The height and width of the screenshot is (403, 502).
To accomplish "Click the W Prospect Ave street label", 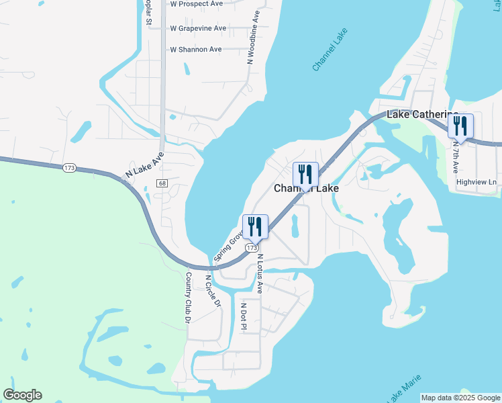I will click(x=196, y=4).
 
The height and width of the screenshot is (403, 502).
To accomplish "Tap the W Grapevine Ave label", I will click(x=198, y=28).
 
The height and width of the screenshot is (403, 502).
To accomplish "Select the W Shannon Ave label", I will click(x=195, y=50).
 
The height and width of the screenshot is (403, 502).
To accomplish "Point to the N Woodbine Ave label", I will click(x=252, y=37).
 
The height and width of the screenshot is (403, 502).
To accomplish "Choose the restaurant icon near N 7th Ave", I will click(x=460, y=126).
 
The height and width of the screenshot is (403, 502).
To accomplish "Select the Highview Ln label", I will click(x=476, y=182).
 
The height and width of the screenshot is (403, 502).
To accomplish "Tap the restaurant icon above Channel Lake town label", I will click(x=305, y=175).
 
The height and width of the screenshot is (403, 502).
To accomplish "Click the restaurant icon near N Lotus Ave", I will click(x=255, y=227).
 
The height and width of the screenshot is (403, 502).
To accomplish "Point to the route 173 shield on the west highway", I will click(x=69, y=168).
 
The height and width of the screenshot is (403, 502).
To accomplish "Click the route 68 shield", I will click(x=162, y=183).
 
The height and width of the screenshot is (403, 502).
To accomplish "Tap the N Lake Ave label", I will click(x=145, y=164).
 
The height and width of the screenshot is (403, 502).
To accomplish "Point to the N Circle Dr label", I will click(x=213, y=291).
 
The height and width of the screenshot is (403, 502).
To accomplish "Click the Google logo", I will click(x=22, y=395).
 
